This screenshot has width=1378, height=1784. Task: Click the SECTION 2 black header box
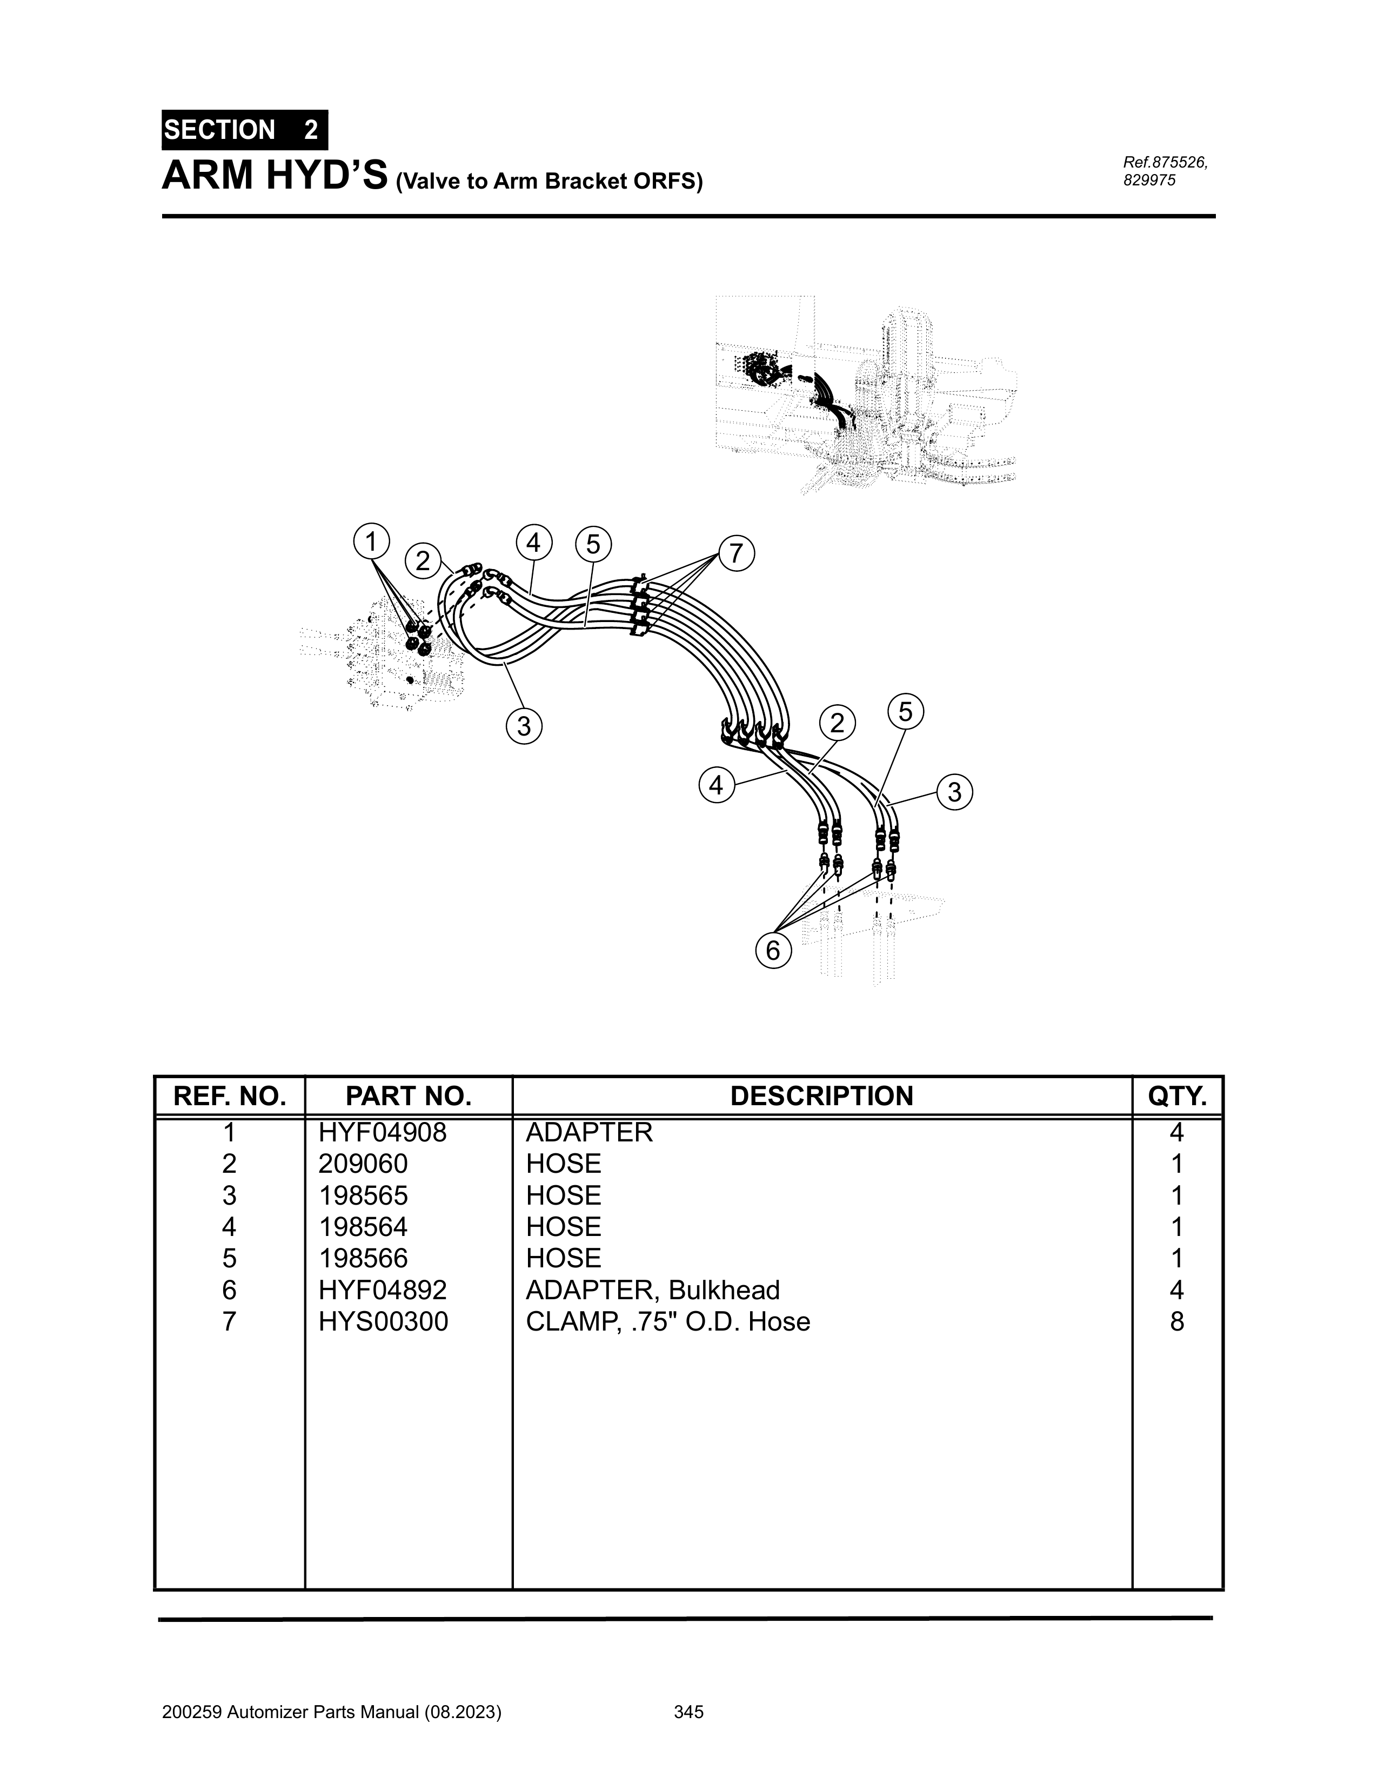pyautogui.click(x=245, y=130)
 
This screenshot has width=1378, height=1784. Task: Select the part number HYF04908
pyautogui.click(x=383, y=1132)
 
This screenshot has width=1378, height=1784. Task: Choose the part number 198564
pyautogui.click(x=364, y=1226)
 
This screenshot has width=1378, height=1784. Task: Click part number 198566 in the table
pyautogui.click(x=364, y=1258)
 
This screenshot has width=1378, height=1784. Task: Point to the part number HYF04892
pyautogui.click(x=383, y=1290)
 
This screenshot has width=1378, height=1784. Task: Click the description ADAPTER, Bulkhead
pyautogui.click(x=653, y=1290)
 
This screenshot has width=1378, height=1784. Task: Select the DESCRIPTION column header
pyautogui.click(x=822, y=1096)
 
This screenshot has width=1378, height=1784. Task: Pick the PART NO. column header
pyautogui.click(x=409, y=1096)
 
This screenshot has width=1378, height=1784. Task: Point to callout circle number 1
pyautogui.click(x=372, y=541)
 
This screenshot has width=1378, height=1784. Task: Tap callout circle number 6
pyautogui.click(x=773, y=950)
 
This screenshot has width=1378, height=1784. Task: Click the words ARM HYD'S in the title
pyautogui.click(x=275, y=176)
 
